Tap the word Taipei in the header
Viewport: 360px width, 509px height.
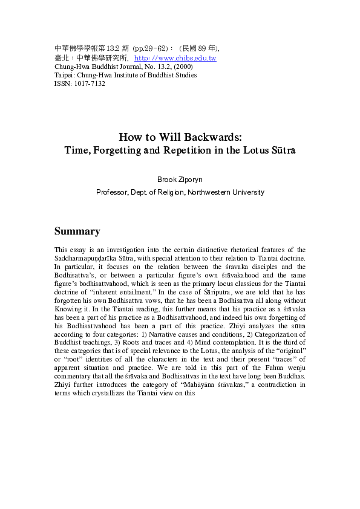[64, 75]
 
